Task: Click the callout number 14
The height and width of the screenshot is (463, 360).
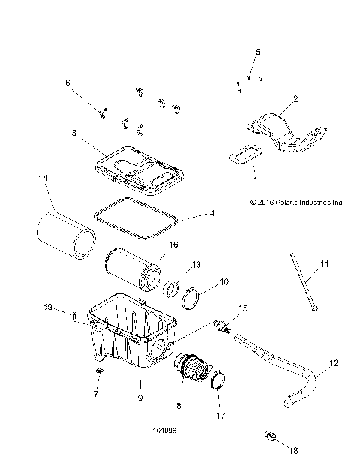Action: [x=43, y=177]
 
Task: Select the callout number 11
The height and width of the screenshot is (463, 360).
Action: [x=325, y=263]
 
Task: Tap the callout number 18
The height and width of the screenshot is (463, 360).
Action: [x=293, y=450]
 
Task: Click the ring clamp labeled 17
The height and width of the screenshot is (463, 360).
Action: [x=217, y=380]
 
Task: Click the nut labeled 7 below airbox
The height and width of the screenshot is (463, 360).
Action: [x=97, y=372]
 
